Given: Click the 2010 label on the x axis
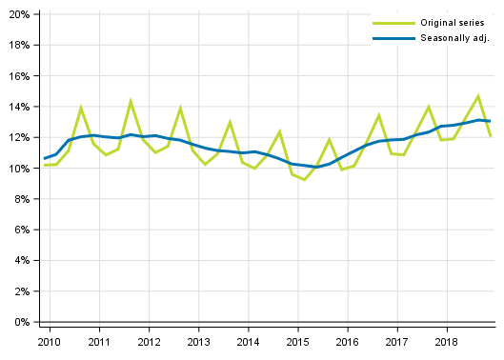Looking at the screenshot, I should tap(50, 341).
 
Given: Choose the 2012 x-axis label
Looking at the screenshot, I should tap(149, 341).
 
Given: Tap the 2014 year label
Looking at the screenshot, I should tap(248, 341).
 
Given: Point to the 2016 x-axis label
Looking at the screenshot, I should tap(347, 341).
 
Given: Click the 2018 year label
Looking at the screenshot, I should tap(446, 341).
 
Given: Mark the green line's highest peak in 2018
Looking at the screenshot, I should tap(478, 95).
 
